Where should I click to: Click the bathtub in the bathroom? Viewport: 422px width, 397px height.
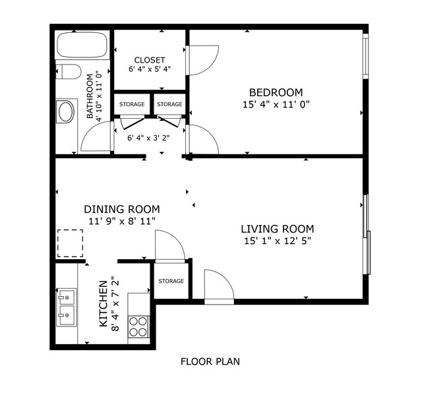[x=82, y=45]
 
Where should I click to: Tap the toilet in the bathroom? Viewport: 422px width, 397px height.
[x=69, y=71]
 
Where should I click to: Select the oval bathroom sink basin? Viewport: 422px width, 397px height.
[x=66, y=111]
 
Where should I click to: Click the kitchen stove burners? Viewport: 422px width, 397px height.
[x=138, y=326]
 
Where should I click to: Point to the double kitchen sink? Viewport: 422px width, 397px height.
[x=67, y=307]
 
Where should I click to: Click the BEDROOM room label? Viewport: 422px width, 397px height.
[x=276, y=92]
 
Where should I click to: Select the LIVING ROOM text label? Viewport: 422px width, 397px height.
[x=277, y=229]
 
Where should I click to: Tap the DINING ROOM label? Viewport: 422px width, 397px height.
[x=122, y=209]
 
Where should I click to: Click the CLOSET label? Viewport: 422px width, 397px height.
[x=150, y=60]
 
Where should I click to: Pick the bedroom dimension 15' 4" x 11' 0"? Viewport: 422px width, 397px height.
[x=276, y=104]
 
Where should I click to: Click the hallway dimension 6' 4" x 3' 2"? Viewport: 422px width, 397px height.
[x=148, y=138]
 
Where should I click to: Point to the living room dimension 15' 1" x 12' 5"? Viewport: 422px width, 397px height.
[x=278, y=241]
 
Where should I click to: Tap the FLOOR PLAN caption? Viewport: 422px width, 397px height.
[x=210, y=361]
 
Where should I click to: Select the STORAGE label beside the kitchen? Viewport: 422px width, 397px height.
[x=171, y=281]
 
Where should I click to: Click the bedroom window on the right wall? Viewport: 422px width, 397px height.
[x=365, y=56]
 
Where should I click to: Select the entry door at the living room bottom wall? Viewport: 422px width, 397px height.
[x=219, y=287]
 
